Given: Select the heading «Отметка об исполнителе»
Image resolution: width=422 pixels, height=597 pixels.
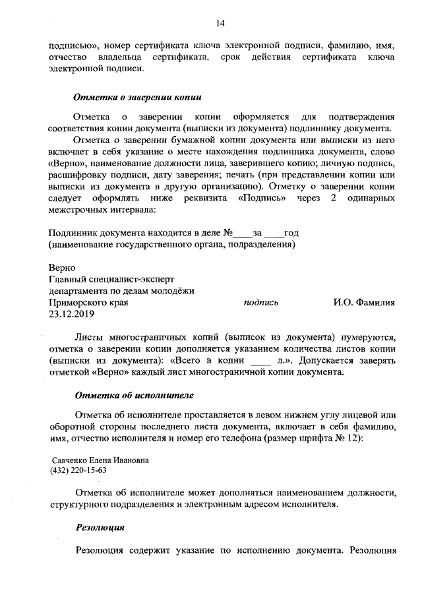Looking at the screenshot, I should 133,396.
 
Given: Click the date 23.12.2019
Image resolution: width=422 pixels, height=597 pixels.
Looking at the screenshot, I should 73,314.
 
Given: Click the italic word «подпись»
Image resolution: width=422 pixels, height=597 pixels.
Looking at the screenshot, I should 260,303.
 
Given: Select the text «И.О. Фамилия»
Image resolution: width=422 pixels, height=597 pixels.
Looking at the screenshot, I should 363,303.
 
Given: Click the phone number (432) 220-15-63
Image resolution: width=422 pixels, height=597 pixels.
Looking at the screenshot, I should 78,471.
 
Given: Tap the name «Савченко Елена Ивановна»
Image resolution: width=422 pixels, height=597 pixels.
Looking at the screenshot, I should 101,460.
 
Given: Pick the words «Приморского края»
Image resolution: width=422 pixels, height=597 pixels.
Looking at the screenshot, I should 88,303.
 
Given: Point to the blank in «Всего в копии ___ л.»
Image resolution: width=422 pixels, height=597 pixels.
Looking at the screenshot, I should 262,361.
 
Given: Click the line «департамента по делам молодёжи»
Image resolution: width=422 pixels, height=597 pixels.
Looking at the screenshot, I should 121,291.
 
